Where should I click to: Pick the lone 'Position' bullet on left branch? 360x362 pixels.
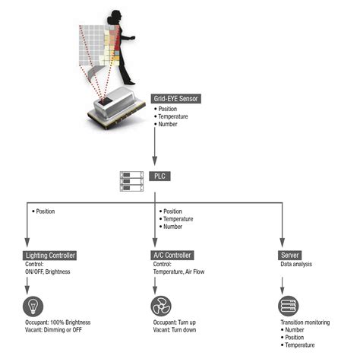pos(44,211)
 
